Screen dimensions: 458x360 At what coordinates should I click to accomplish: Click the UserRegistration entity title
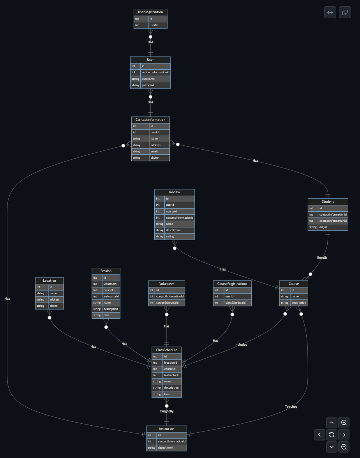point(150,12)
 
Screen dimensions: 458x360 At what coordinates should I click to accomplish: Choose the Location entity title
point(49,281)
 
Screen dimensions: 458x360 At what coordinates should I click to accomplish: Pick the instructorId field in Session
point(111,296)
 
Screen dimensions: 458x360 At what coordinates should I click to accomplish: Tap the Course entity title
point(294,284)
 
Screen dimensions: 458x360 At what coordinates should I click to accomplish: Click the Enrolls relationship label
point(322,258)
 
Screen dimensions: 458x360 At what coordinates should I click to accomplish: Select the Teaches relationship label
point(291,407)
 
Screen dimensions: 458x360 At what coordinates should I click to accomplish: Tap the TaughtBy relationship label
point(167,411)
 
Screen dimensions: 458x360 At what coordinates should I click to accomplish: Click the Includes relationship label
point(241,345)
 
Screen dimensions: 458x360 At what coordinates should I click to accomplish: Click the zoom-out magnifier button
point(344,447)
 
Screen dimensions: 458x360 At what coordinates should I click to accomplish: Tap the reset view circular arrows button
point(332,435)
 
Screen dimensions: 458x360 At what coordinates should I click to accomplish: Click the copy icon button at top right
point(344,12)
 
